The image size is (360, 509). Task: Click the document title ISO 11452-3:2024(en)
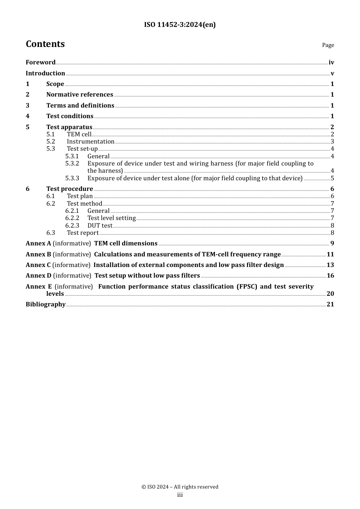[180, 25]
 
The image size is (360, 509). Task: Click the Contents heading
[45, 44]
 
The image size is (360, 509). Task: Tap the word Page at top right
[328, 45]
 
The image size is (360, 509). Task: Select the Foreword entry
[41, 62]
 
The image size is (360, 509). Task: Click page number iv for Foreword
[331, 62]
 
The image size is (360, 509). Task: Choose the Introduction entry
[45, 73]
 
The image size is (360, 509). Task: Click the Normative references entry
[80, 95]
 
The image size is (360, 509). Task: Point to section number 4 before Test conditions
[28, 116]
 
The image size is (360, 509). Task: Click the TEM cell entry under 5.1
[79, 134]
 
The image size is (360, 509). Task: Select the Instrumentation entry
[91, 142]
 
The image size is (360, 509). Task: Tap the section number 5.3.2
[72, 164]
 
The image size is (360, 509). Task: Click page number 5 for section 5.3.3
[332, 178]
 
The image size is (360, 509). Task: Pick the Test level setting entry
[111, 218]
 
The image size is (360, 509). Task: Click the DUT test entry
[100, 226]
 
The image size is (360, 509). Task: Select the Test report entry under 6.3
[83, 233]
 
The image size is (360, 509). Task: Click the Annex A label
[38, 244]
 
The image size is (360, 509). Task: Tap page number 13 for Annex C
[330, 265]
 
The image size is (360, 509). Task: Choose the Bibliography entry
[45, 304]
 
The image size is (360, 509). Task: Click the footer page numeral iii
[180, 495]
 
